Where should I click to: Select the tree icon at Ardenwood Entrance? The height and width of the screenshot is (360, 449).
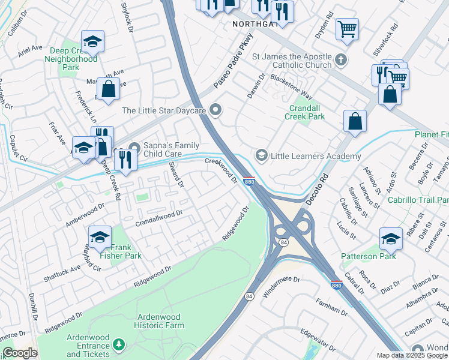(119, 344)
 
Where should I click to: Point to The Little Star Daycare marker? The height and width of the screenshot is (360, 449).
(217, 110)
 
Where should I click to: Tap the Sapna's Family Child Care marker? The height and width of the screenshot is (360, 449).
(134, 146)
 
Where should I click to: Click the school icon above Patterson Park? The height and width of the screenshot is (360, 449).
(391, 238)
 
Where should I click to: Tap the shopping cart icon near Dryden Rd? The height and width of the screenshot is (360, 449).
(347, 28)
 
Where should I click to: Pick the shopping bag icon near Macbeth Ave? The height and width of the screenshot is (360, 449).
(108, 89)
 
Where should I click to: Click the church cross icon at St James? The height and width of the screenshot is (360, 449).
(341, 60)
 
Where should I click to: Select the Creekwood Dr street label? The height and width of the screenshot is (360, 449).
(221, 170)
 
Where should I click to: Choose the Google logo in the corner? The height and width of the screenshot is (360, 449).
(20, 353)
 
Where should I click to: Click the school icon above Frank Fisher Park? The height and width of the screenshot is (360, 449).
(100, 236)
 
